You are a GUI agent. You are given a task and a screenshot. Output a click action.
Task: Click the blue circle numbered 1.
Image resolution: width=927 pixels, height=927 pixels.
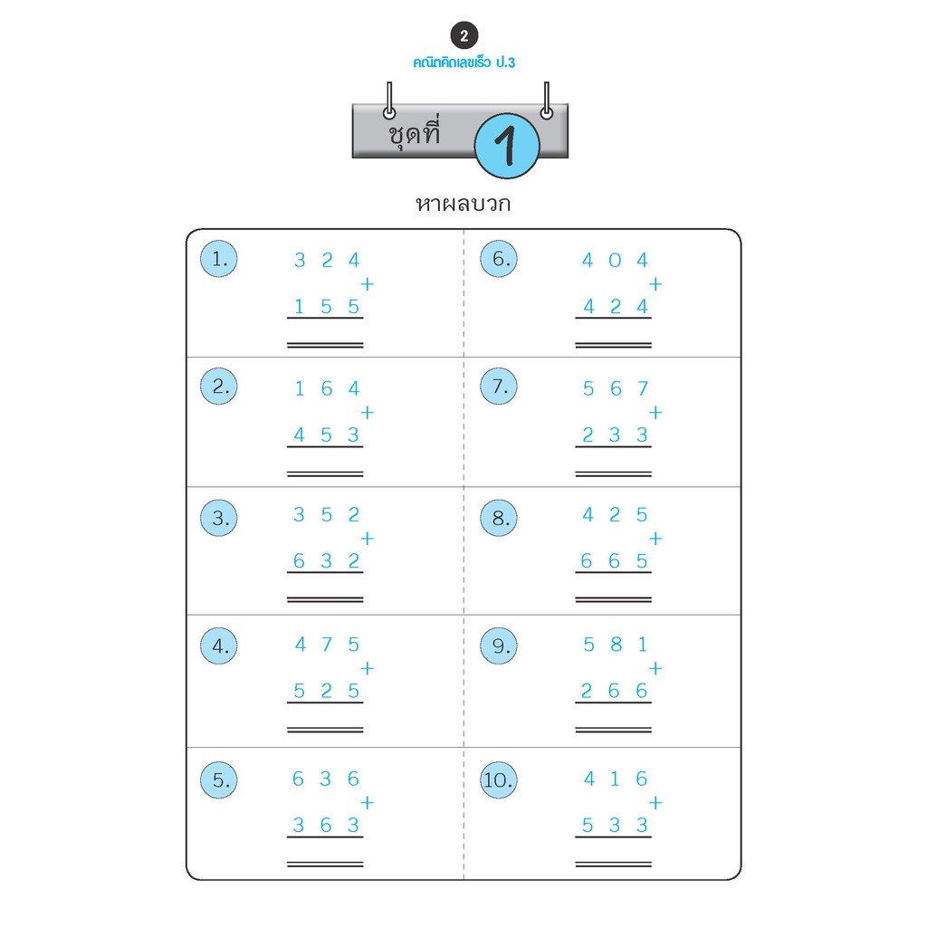point(219,259)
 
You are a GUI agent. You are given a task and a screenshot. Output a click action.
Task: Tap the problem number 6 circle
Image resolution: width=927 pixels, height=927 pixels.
point(499,259)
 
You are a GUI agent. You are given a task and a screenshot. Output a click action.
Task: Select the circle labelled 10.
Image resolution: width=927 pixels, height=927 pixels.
point(499,779)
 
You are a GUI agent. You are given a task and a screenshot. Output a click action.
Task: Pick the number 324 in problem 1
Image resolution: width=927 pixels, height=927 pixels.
point(327,261)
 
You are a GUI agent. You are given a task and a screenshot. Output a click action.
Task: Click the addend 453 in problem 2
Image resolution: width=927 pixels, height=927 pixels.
point(326,435)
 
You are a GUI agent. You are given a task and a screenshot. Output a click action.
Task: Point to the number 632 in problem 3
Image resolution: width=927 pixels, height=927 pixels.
point(326,561)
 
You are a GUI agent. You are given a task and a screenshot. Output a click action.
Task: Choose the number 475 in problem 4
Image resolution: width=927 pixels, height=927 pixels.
point(327,645)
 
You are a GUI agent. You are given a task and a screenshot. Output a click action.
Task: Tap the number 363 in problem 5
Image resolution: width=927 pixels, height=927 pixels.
point(326,826)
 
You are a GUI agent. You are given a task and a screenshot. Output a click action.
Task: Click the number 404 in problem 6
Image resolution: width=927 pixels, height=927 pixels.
point(615,261)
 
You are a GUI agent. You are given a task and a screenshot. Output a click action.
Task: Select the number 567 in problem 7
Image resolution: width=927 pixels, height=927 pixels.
point(615,389)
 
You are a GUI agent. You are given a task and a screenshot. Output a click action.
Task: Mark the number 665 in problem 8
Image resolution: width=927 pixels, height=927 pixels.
point(615,561)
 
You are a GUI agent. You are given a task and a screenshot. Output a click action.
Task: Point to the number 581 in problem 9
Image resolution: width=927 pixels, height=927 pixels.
point(615,645)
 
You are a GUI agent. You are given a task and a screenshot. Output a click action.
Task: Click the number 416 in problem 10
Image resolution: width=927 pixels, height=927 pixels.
point(615,779)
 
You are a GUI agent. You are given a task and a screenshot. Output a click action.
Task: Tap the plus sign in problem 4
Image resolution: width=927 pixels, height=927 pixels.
point(367,669)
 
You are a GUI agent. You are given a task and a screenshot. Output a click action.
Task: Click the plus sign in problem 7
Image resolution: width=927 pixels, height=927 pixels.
point(655,413)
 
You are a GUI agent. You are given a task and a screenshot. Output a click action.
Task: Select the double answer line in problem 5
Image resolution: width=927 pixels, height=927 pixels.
point(325,865)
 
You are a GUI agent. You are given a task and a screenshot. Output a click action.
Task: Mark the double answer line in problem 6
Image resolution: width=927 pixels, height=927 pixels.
point(614,345)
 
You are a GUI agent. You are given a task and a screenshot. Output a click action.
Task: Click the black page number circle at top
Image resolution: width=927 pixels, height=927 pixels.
point(463,37)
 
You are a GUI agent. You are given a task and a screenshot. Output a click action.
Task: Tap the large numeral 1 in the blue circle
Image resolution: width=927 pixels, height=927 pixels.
point(507,146)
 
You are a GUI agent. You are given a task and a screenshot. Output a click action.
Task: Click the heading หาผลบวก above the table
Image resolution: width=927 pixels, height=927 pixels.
point(463,204)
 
